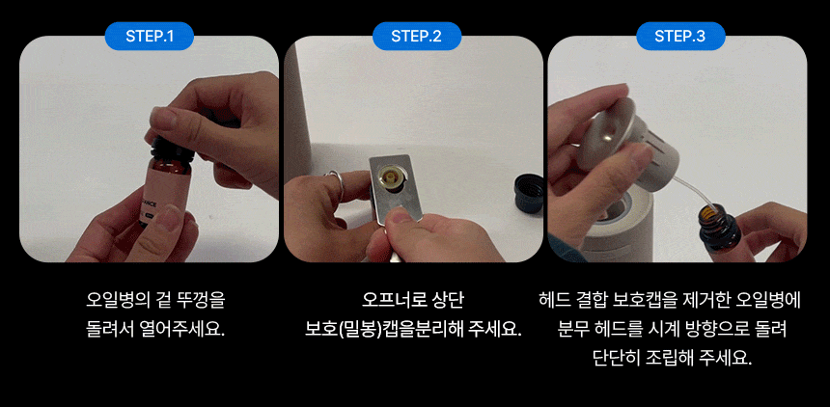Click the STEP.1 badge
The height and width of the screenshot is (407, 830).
pos(150,36)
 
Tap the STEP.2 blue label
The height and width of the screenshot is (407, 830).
pos(416,36)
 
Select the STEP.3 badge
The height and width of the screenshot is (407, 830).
pos(680,36)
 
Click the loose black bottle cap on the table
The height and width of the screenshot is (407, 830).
pos(529,194)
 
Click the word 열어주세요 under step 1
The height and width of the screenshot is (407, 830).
pos(180,330)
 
